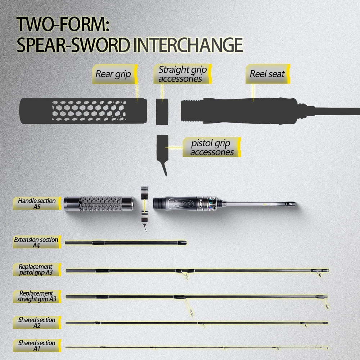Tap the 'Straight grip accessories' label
click(183, 74)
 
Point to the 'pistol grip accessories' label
click(212, 147)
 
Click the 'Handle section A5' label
click(37, 203)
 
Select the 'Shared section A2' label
click(37, 323)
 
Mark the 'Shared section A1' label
click(37, 346)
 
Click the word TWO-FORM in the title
click(63, 24)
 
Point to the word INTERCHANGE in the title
click(188, 45)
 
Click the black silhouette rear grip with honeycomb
click(83, 111)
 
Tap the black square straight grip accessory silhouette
click(162, 112)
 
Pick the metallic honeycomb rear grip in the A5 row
click(99, 203)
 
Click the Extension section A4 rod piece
click(126, 243)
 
